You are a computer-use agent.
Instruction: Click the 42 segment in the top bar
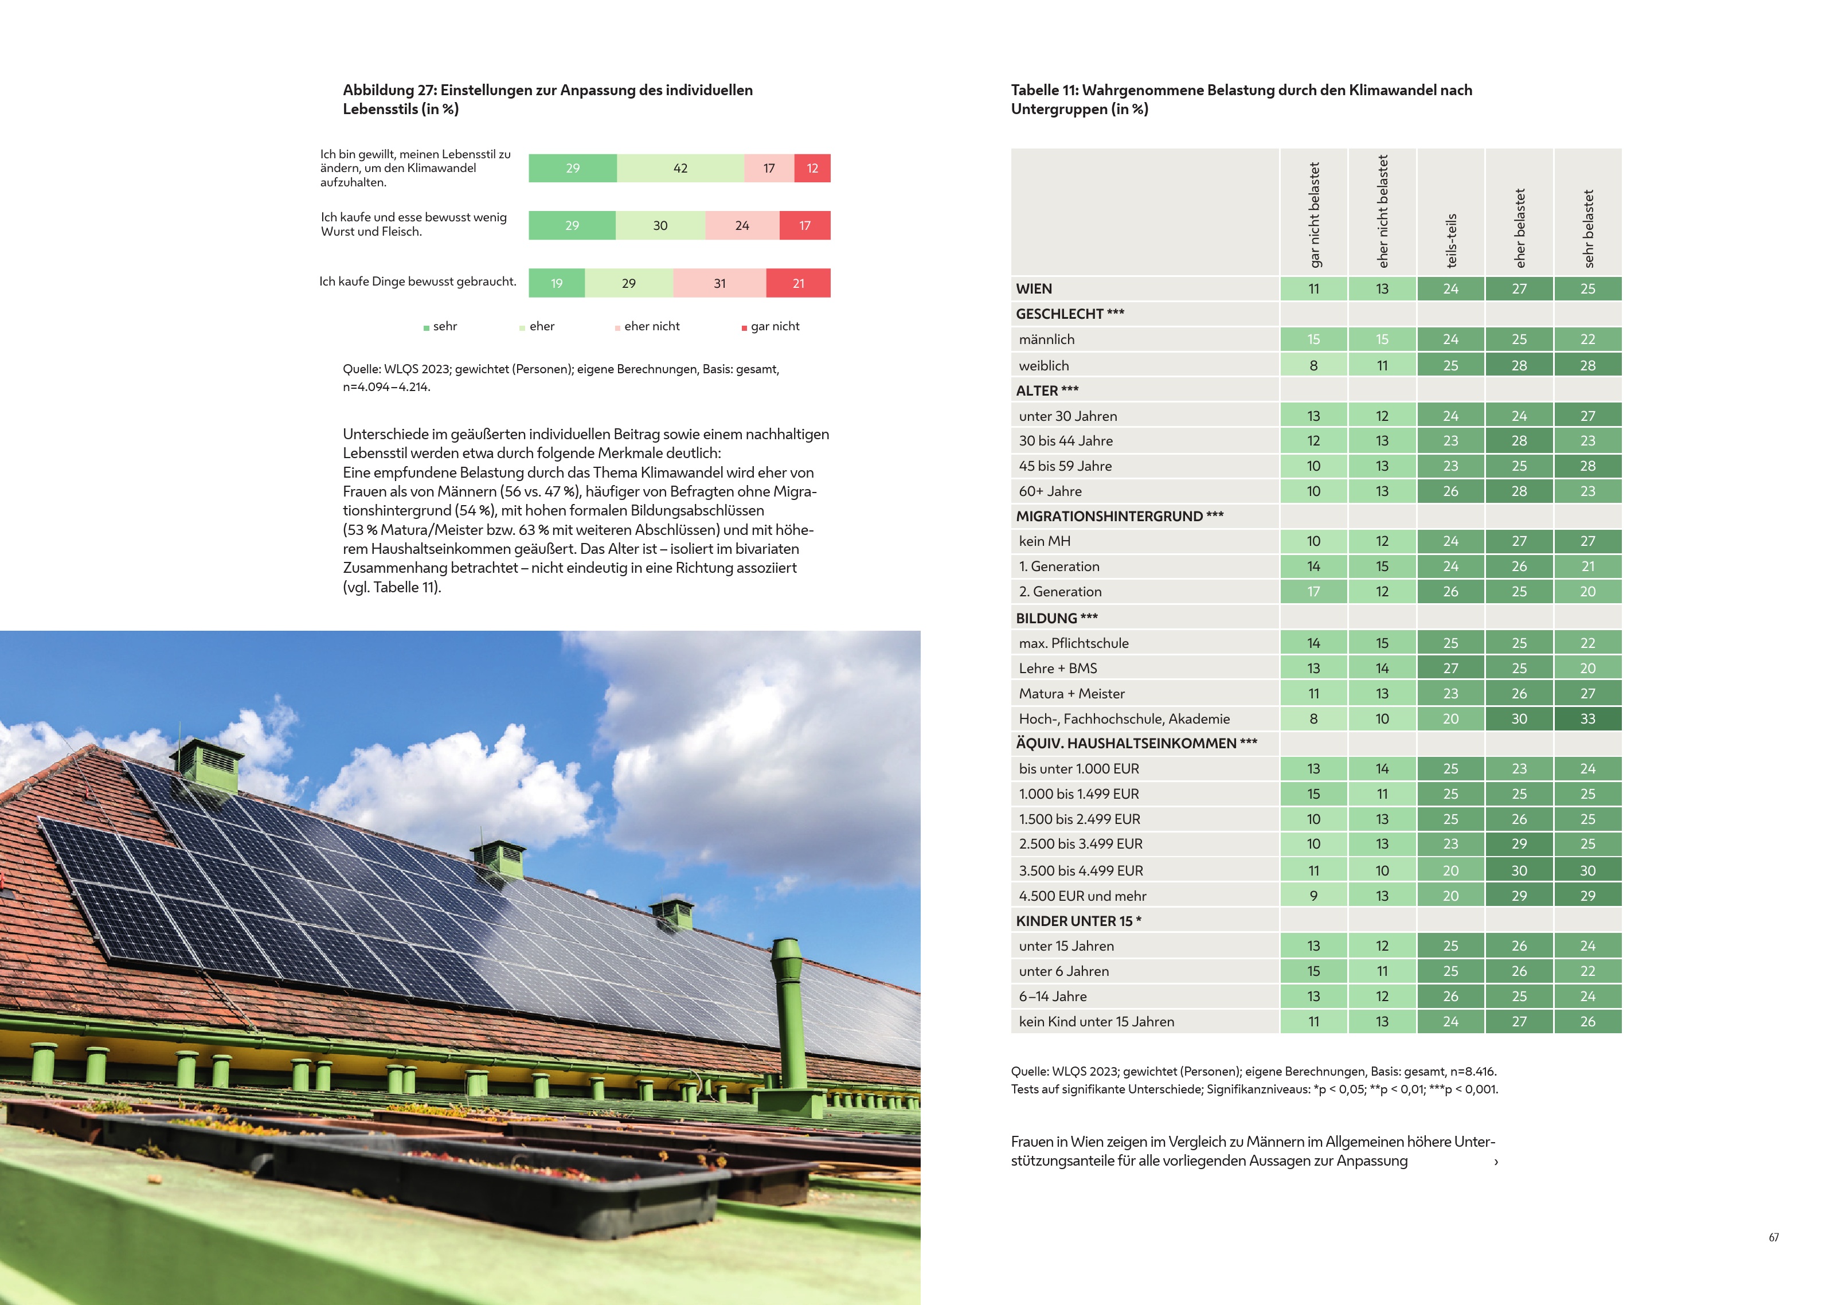(x=681, y=168)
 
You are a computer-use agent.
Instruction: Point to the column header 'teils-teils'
(x=1451, y=240)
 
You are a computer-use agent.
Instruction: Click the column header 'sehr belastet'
(x=1588, y=228)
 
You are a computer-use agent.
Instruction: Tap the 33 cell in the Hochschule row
(x=1587, y=719)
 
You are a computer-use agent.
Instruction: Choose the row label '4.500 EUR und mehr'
(x=1082, y=896)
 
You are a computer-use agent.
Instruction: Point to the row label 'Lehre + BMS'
(x=1057, y=669)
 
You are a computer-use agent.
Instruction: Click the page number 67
(x=1773, y=1237)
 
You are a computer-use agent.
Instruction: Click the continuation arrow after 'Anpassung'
(x=1495, y=1162)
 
